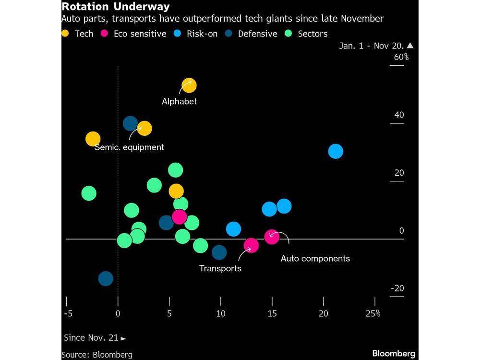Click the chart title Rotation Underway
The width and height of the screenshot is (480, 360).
(115, 7)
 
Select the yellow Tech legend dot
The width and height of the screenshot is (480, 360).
(65, 34)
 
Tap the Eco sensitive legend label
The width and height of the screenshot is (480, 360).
(140, 34)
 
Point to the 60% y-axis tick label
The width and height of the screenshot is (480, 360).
(401, 58)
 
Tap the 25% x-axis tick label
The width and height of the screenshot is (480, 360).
(372, 313)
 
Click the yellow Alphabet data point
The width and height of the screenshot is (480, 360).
(189, 86)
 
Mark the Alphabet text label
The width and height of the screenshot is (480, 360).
(179, 102)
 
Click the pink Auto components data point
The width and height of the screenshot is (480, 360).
(272, 237)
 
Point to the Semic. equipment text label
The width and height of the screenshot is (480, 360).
(129, 147)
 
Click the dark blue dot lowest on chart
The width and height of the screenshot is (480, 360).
(106, 278)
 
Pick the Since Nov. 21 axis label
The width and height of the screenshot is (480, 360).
(95, 338)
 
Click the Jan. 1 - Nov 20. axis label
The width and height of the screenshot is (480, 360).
(372, 46)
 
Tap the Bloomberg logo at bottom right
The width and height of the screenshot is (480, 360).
(394, 353)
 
